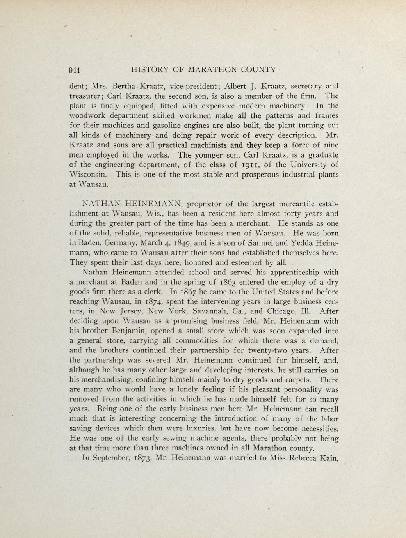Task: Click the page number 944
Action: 75,70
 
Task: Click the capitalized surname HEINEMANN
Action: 155,204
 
